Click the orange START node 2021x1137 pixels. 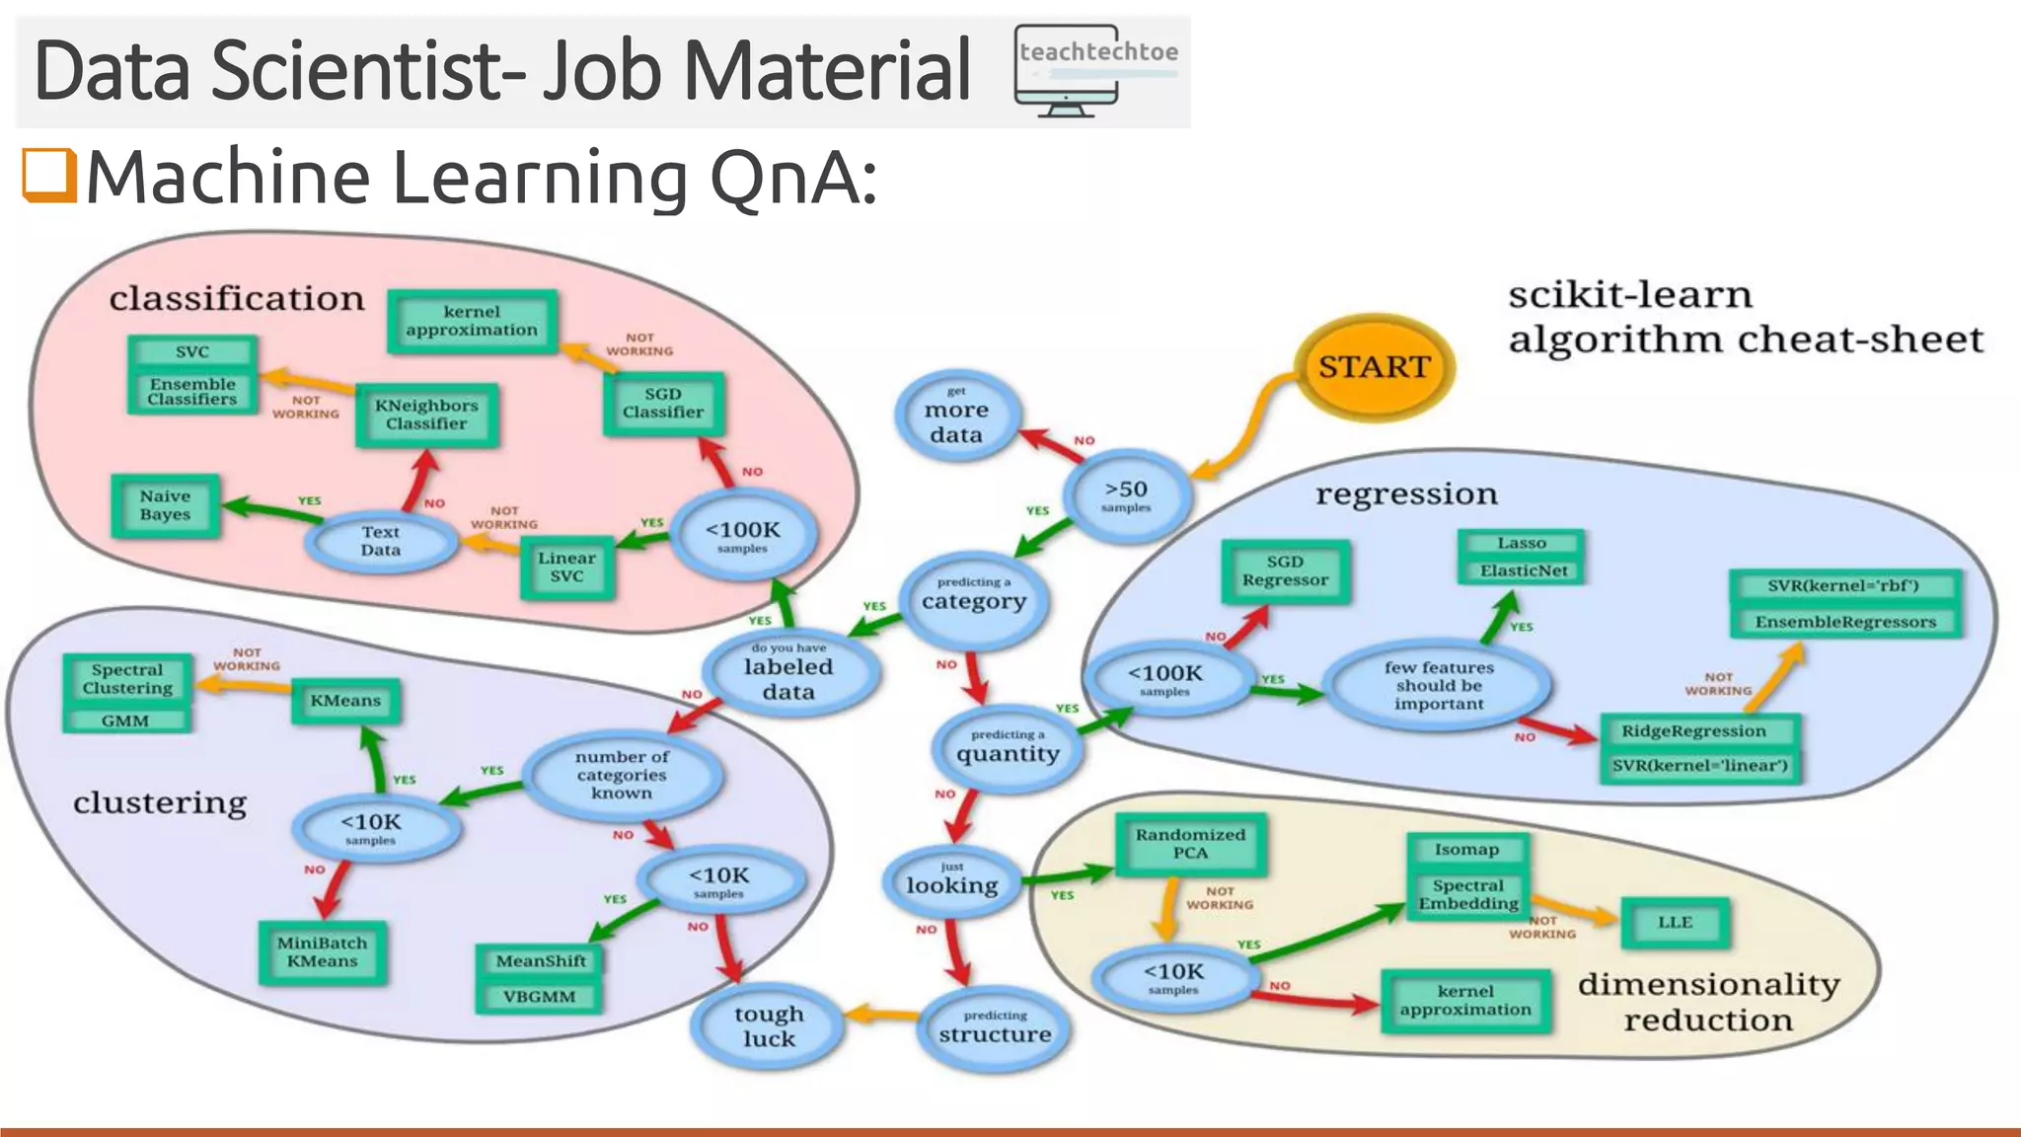point(1374,367)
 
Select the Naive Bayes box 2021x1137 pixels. point(165,505)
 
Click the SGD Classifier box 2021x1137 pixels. point(663,404)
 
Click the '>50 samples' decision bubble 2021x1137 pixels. point(1126,495)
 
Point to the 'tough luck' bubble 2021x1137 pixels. point(769,1025)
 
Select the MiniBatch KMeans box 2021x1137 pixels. point(322,952)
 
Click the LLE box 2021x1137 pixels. point(1675,923)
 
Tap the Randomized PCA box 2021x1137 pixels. point(1190,844)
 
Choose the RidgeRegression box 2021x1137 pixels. point(1693,731)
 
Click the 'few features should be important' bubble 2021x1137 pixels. point(1438,685)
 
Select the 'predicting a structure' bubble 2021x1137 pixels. point(995,1027)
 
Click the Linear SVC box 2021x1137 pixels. point(566,568)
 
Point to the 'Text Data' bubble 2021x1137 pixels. point(381,541)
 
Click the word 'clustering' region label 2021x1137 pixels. point(160,802)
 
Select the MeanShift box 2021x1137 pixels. point(540,961)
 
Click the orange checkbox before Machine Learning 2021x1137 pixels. point(49,176)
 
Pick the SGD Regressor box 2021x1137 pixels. point(1285,570)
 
